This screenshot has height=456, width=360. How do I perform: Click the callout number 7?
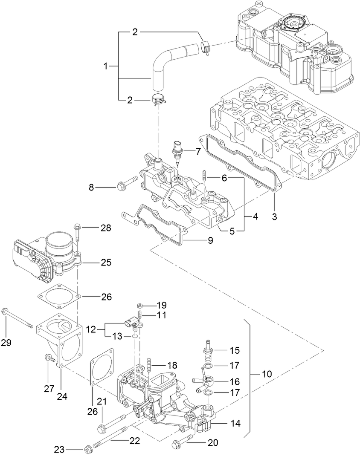tap(197, 151)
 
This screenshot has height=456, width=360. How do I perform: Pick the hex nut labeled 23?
tap(88, 449)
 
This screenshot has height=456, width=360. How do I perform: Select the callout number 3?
tap(275, 217)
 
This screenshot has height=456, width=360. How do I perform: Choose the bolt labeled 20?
tap(180, 443)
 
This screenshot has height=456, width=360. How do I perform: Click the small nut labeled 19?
tap(140, 306)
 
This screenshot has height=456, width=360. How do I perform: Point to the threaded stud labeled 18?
tap(149, 366)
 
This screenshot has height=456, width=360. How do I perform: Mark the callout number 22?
tap(135, 441)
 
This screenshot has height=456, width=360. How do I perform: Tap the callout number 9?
tap(210, 241)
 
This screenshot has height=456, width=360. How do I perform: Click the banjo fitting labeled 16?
tap(206, 381)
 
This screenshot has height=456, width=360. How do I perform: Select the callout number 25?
tap(106, 263)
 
